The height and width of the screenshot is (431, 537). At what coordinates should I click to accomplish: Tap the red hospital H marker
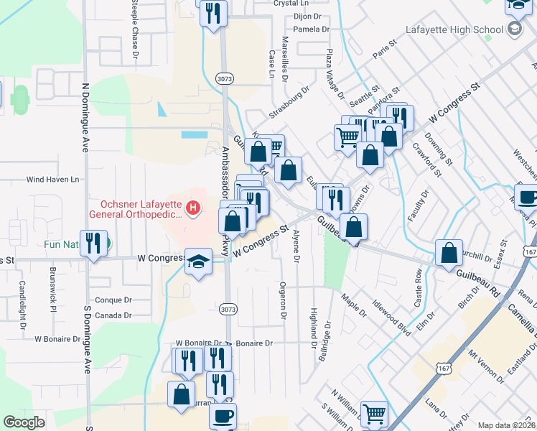pyautogui.click(x=192, y=209)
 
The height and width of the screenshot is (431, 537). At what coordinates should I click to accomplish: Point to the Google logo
pyautogui.click(x=24, y=422)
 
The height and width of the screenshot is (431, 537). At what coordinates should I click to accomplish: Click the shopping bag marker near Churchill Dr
pyautogui.click(x=449, y=253)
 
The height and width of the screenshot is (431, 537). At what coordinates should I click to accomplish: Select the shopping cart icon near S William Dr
pyautogui.click(x=374, y=413)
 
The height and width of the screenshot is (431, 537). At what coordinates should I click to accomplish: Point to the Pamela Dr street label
pyautogui.click(x=311, y=29)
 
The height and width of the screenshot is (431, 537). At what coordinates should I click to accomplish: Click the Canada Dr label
pyautogui.click(x=113, y=315)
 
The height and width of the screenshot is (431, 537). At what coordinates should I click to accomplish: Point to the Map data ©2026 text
pyautogui.click(x=505, y=425)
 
